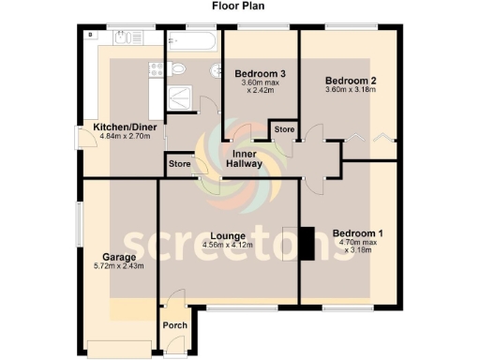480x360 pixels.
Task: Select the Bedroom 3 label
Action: tap(260, 73)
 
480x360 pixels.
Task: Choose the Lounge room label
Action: tap(228, 235)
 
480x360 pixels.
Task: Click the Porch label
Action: tap(175, 325)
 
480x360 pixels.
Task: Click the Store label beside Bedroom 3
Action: tap(283, 129)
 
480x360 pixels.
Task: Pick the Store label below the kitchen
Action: tap(178, 165)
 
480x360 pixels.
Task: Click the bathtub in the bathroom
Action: tap(192, 38)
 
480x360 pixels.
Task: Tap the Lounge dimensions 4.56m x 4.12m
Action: tap(228, 246)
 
